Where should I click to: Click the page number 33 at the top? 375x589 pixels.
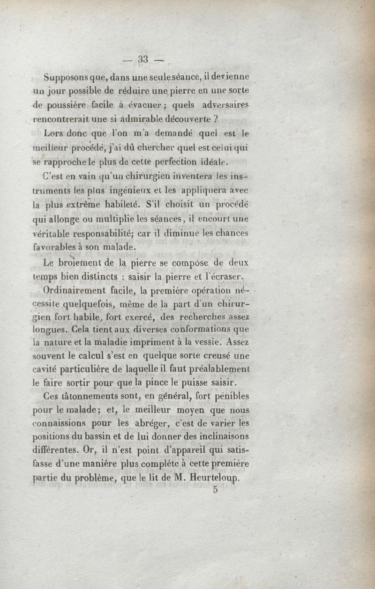(x=142, y=59)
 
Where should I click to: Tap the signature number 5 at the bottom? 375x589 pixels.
(x=215, y=490)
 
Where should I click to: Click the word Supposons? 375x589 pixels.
(x=64, y=77)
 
